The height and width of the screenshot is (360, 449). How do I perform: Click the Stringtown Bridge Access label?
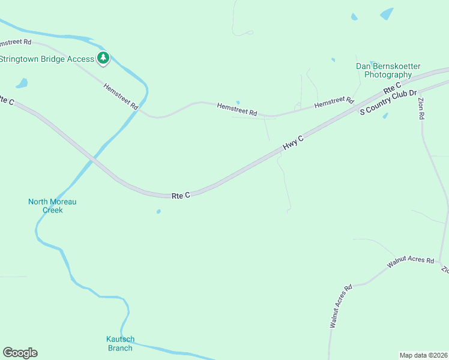pos(47,59)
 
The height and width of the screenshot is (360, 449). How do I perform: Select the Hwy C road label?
pos(294,142)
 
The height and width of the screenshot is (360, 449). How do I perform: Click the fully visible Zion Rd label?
pos(421,109)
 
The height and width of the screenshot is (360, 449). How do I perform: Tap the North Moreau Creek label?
pos(52,206)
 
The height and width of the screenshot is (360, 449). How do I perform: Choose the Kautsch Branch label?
pos(119,343)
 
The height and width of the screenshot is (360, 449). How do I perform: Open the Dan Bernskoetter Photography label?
pos(388,71)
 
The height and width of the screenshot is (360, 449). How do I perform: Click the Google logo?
pos(20,353)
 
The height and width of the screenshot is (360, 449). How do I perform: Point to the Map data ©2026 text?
pos(423,355)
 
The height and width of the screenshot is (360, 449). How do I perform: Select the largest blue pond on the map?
pos(387,13)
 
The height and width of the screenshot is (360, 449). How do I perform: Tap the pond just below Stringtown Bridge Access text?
pos(22,83)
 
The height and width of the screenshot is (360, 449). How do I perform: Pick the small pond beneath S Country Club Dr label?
pos(385,115)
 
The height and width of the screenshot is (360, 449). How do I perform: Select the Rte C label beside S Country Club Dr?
pos(393,91)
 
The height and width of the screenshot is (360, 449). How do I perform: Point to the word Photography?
pos(388,75)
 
